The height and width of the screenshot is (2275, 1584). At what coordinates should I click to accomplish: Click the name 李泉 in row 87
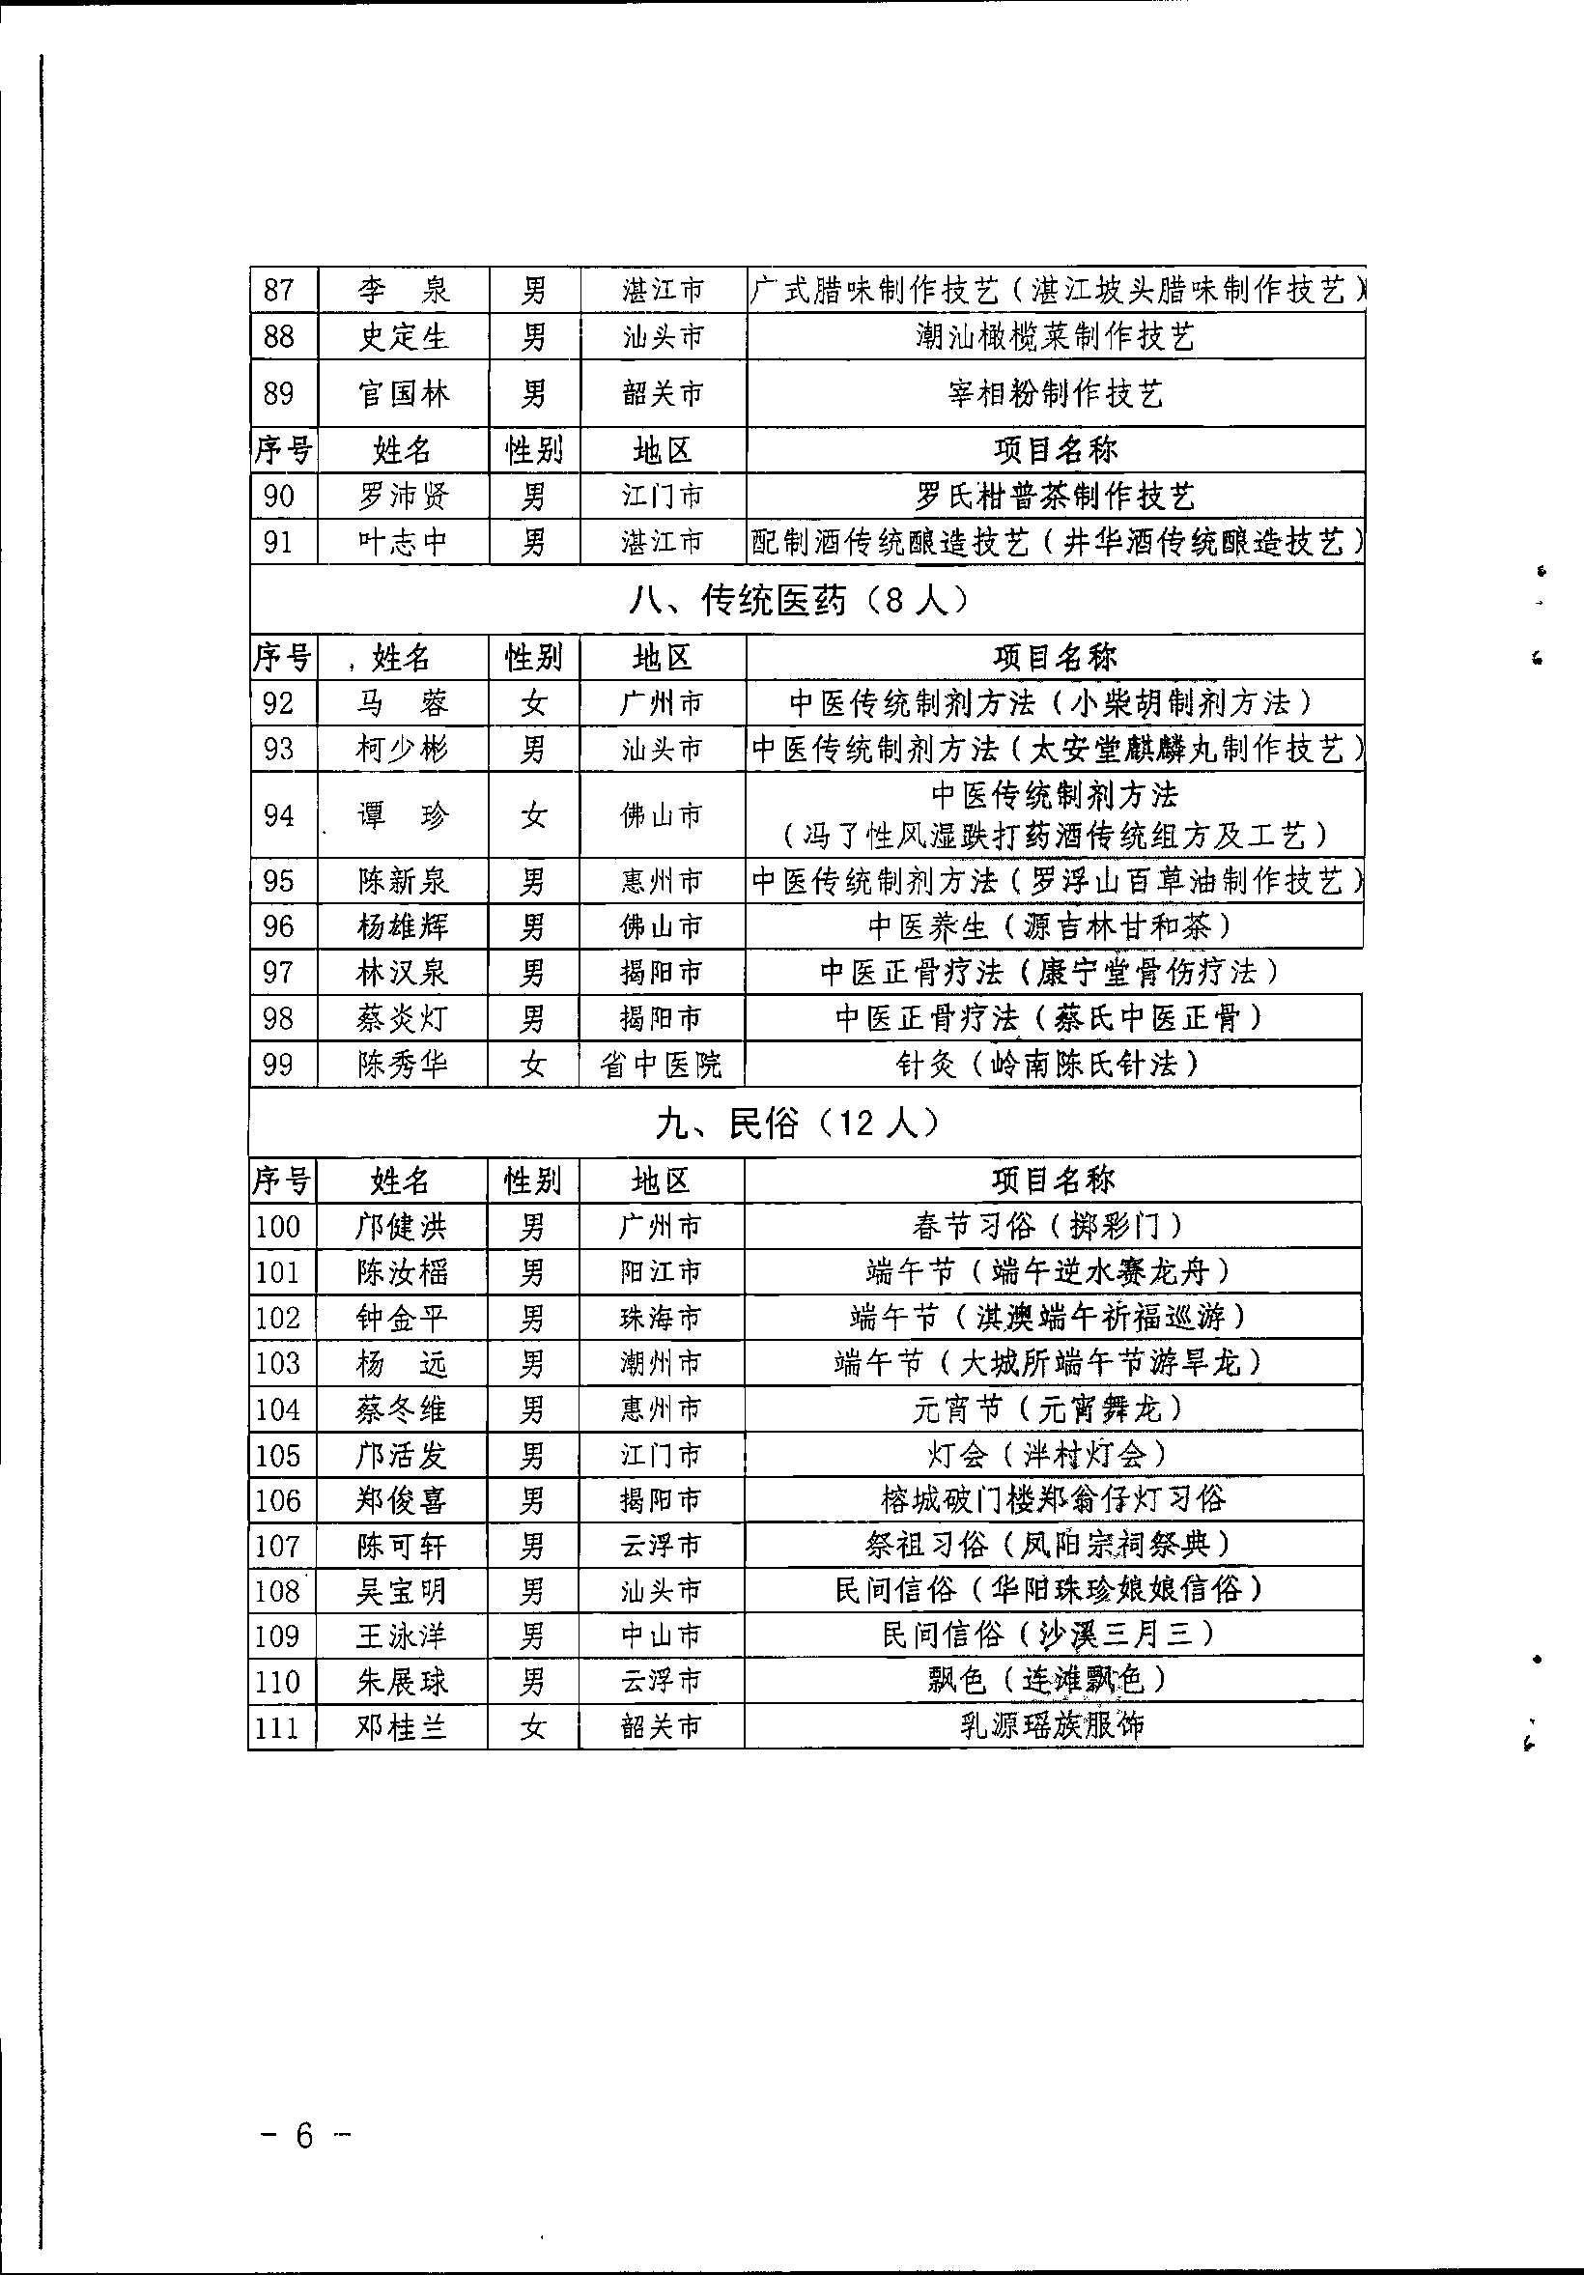pyautogui.click(x=402, y=291)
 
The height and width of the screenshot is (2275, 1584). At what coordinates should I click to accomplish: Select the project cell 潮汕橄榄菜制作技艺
pyautogui.click(x=1055, y=337)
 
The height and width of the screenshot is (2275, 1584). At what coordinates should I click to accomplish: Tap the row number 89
pyautogui.click(x=279, y=394)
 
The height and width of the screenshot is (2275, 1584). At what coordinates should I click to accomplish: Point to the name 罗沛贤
pyautogui.click(x=402, y=496)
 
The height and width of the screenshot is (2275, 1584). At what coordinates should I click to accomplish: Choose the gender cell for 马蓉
pyautogui.click(x=533, y=703)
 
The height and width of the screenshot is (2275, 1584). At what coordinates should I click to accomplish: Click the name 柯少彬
pyautogui.click(x=402, y=749)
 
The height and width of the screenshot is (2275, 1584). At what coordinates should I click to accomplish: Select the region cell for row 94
pyautogui.click(x=662, y=815)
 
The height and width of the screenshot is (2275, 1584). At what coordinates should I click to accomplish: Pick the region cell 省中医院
pyautogui.click(x=662, y=1066)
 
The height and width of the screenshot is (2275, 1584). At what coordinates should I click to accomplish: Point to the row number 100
pyautogui.click(x=278, y=1227)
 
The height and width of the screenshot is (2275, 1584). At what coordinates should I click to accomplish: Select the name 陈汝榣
pyautogui.click(x=402, y=1271)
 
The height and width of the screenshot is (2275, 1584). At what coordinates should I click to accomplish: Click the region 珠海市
pyautogui.click(x=662, y=1318)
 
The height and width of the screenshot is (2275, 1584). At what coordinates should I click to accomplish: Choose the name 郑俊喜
pyautogui.click(x=402, y=1500)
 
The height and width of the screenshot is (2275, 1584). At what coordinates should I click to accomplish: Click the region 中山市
pyautogui.click(x=662, y=1635)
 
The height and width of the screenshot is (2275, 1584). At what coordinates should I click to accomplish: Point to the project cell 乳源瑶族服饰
pyautogui.click(x=1052, y=1727)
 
